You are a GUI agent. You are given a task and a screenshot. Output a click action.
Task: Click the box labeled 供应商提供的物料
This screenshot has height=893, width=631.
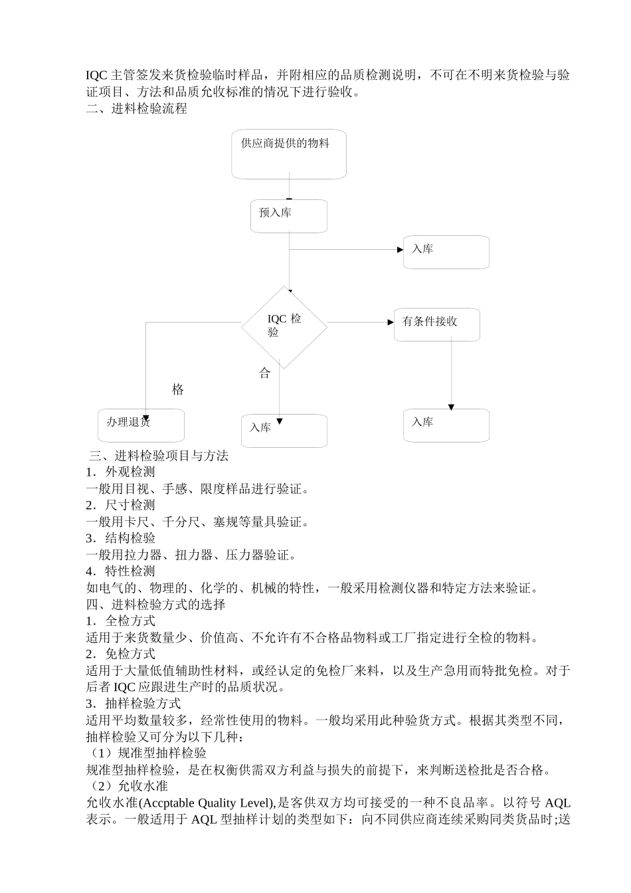[289, 154]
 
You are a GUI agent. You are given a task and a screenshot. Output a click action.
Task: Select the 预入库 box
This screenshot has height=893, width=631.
[289, 216]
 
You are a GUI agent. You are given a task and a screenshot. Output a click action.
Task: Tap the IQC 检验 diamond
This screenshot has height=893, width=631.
[284, 326]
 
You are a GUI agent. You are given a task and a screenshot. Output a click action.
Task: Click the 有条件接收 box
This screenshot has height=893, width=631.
[436, 324]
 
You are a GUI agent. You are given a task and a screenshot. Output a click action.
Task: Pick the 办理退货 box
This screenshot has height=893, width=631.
[141, 425]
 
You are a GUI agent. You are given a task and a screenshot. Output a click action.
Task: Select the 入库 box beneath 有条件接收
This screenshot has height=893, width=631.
[446, 425]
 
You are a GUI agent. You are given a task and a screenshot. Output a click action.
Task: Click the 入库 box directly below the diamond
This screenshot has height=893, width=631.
[284, 431]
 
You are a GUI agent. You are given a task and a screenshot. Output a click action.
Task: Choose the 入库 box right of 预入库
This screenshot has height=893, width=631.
[446, 252]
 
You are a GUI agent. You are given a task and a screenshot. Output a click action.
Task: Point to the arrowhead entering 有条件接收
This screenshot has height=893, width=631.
[391, 322]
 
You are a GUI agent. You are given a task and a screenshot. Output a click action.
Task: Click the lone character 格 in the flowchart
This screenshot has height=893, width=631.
[178, 390]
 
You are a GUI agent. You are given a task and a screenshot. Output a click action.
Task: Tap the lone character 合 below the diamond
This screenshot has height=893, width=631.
[265, 373]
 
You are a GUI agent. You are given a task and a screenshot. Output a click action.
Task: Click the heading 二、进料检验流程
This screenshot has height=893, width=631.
[137, 109]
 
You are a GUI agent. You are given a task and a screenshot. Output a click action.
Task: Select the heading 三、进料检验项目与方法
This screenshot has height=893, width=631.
[159, 456]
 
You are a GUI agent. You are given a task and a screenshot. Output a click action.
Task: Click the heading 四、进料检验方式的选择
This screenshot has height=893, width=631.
[156, 605]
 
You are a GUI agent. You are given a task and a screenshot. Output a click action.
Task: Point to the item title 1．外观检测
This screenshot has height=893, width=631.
[121, 472]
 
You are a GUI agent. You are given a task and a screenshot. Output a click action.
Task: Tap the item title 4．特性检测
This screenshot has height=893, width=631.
[121, 571]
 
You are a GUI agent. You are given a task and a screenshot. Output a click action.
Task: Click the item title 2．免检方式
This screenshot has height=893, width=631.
[121, 654]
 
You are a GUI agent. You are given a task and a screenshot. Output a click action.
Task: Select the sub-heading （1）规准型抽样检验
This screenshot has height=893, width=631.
[147, 753]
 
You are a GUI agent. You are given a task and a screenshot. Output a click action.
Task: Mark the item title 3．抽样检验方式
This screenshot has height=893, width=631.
[134, 704]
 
